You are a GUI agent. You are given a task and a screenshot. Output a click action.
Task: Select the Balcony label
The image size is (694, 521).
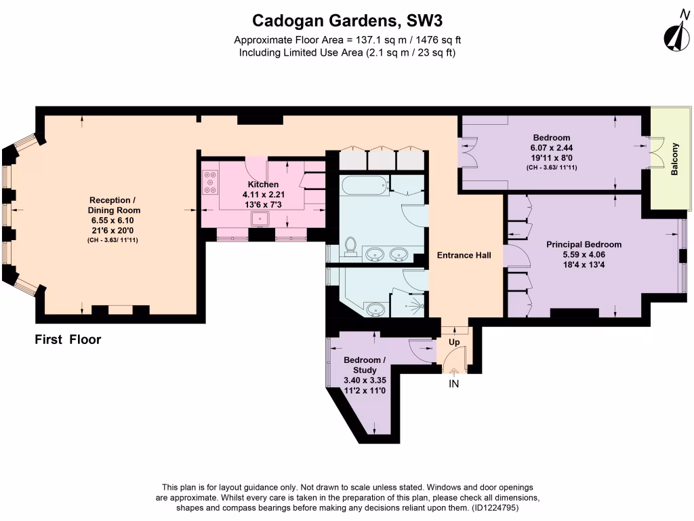[x=674, y=159]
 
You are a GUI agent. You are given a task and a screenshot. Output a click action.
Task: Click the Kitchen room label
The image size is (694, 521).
[x=263, y=184]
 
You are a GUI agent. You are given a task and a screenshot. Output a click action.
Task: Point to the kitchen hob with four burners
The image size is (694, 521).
[x=209, y=182]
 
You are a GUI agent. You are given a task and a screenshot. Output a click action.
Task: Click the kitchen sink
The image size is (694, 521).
[x=260, y=218]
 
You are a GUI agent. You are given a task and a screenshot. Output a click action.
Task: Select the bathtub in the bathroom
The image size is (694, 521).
[x=364, y=184]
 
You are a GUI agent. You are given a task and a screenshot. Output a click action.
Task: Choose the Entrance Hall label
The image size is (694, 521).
[x=464, y=255]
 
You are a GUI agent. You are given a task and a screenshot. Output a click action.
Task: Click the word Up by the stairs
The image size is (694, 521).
[x=454, y=343]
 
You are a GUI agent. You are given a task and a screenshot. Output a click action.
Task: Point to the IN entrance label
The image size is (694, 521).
[x=454, y=384]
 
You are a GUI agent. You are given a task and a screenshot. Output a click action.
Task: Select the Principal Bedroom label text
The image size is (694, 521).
[x=584, y=244]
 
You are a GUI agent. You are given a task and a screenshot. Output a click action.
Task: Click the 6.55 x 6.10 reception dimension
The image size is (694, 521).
[x=113, y=220]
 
